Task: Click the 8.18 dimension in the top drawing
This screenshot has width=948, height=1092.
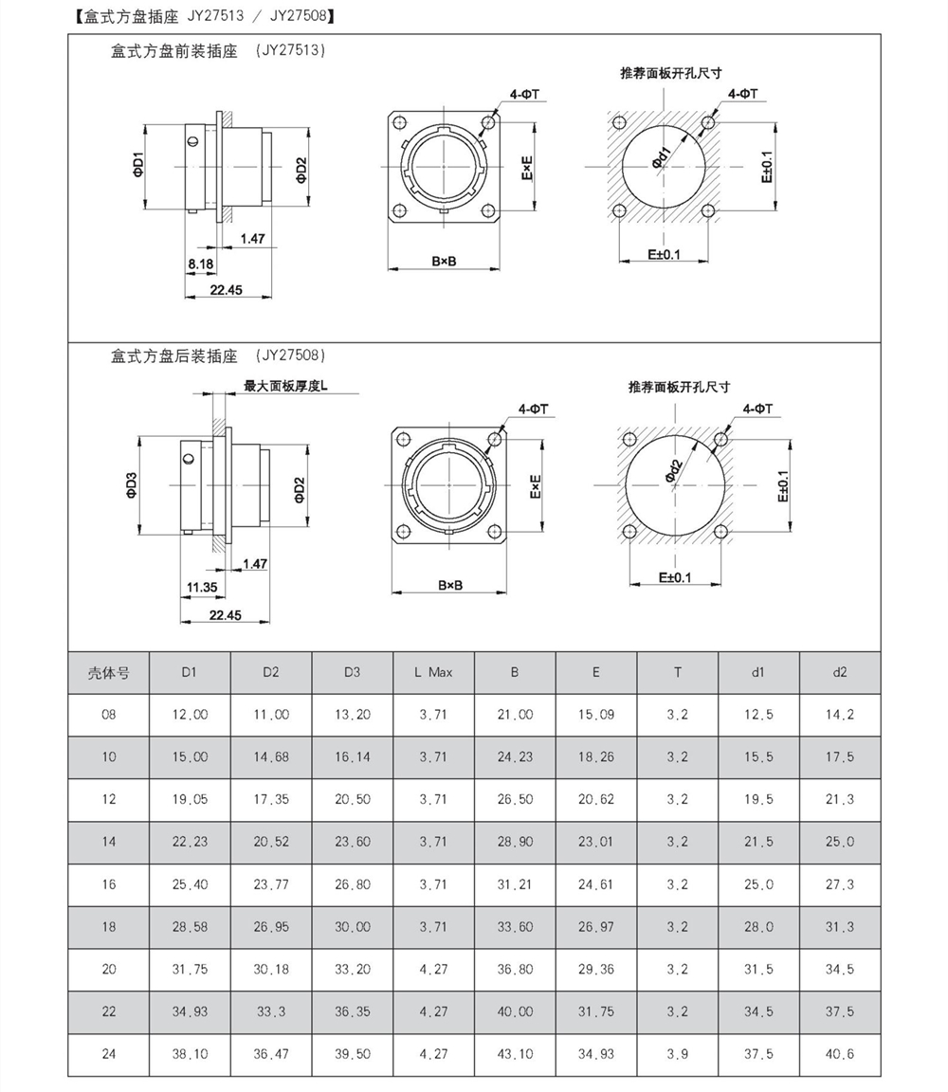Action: [200, 263]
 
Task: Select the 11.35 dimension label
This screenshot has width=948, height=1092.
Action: [201, 587]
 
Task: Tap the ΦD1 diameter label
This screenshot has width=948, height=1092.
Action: [137, 166]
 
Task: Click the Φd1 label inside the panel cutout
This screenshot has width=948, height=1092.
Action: [661, 157]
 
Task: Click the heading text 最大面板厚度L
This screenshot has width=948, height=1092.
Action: [284, 386]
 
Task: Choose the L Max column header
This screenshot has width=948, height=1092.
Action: [433, 673]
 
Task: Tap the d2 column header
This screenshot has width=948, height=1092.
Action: [839, 673]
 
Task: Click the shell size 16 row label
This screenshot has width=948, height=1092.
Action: [109, 884]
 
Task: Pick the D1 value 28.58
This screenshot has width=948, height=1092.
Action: [190, 927]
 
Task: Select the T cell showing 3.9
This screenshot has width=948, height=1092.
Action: [677, 1054]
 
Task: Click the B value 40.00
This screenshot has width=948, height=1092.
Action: [515, 1011]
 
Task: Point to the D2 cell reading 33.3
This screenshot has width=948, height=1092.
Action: [271, 1011]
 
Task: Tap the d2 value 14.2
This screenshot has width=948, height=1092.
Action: [839, 715]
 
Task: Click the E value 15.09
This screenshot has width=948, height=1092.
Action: [596, 715]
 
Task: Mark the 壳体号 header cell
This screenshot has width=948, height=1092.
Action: [109, 673]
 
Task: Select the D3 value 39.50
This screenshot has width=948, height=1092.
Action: [352, 1054]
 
